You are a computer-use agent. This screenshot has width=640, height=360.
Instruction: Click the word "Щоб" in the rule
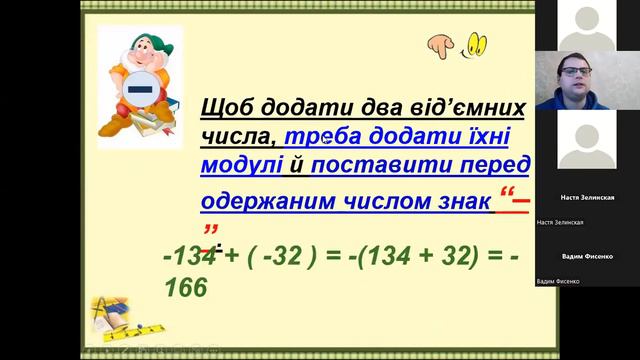(226, 108)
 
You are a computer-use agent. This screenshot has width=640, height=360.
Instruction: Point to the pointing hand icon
(439, 44)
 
